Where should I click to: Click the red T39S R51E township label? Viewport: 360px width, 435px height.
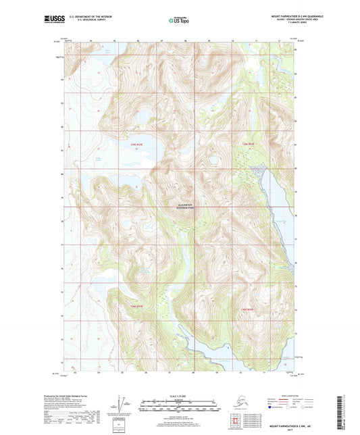(137, 144)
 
